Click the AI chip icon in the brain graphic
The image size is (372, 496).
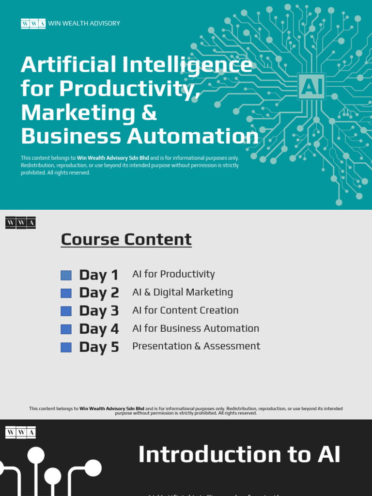(x=311, y=86)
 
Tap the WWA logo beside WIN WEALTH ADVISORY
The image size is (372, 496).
(x=33, y=23)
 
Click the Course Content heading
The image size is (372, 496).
(x=126, y=239)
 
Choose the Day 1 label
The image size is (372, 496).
(x=99, y=275)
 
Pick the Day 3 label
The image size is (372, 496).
(x=99, y=311)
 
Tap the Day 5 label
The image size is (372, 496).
(x=99, y=347)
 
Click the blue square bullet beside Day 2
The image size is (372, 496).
(x=66, y=293)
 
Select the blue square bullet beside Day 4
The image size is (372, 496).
(x=66, y=329)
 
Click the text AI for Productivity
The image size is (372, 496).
(x=173, y=274)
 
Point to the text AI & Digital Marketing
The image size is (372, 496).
(x=183, y=293)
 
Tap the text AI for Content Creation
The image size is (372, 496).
(x=186, y=310)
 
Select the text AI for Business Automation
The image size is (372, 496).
(x=196, y=328)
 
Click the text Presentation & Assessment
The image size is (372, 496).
(x=196, y=346)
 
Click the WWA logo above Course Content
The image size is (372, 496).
(x=20, y=223)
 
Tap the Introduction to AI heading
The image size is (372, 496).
(x=239, y=455)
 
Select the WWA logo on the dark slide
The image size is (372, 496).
(x=20, y=432)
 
